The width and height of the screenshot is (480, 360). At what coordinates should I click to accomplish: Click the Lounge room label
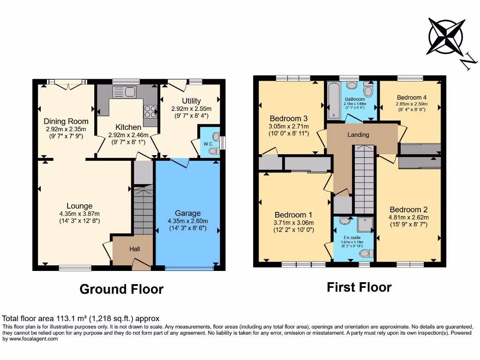79,206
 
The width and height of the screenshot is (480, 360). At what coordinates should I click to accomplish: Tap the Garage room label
187,213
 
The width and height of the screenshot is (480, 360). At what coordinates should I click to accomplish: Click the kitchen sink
124,92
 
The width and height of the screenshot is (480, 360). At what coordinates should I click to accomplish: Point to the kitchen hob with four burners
150,112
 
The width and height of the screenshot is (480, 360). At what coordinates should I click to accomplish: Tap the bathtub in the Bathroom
334,100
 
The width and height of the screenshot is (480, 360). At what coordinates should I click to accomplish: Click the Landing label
358,135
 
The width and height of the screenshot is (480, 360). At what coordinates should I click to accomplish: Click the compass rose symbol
446,37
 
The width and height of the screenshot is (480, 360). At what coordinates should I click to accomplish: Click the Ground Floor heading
121,289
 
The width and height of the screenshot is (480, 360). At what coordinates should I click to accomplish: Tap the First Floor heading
359,287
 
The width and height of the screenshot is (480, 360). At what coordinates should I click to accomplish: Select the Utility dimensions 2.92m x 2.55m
191,109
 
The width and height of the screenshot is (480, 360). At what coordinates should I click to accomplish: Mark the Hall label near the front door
135,249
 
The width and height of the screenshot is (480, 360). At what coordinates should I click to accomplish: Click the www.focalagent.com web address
33,339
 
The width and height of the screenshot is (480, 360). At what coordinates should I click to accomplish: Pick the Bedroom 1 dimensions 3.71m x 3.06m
293,223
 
